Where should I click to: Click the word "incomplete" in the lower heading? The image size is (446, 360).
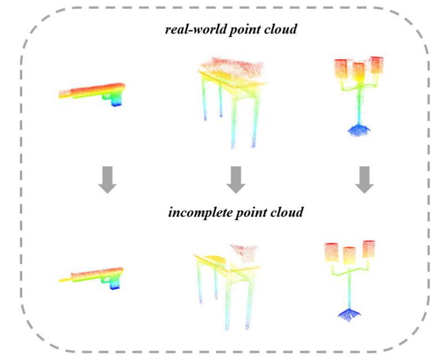(197, 212)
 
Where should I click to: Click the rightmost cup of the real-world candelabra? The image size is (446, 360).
(377, 65)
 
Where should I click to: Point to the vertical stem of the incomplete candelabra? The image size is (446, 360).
(349, 288)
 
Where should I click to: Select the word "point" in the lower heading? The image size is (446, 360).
(252, 212)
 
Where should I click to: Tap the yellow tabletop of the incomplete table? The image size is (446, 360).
(211, 258)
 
